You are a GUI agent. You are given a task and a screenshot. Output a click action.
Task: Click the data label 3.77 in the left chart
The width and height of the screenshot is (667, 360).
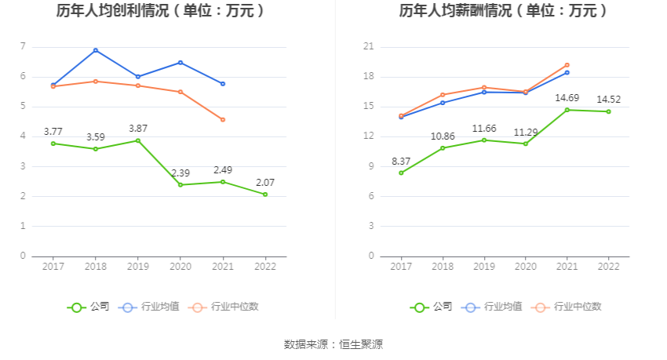click(53, 131)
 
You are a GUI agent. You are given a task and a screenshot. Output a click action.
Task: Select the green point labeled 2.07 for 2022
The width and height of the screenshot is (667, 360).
click(265, 195)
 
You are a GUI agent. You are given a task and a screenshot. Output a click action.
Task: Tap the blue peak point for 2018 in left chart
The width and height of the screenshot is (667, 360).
click(96, 50)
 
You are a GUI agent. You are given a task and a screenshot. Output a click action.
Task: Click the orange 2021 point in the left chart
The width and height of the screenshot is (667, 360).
click(223, 120)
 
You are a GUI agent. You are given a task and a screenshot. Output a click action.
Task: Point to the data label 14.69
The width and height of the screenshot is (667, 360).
click(567, 97)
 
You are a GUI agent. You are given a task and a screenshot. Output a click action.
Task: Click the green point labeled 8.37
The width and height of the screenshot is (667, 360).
click(401, 173)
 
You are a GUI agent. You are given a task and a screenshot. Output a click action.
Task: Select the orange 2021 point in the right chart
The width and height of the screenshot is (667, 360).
click(567, 65)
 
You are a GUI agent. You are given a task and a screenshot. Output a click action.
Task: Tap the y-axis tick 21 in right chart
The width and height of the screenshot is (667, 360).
click(368, 47)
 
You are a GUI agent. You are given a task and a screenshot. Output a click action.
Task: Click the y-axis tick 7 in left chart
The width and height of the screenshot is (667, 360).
click(23, 47)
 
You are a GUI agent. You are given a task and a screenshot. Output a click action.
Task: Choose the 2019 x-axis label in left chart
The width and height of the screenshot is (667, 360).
click(138, 267)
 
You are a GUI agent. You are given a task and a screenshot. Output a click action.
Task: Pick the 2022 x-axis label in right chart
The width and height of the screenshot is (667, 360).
click(608, 267)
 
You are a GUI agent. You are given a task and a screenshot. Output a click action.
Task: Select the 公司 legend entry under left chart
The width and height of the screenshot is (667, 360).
click(89, 307)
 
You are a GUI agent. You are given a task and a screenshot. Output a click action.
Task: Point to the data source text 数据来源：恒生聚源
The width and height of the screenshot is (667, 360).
click(333, 344)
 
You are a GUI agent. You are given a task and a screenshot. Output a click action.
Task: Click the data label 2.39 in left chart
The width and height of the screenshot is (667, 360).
click(180, 173)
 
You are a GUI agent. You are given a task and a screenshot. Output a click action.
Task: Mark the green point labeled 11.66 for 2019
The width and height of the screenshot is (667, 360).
click(484, 140)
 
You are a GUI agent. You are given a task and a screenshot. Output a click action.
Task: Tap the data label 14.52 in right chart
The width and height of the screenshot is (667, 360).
click(608, 100)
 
